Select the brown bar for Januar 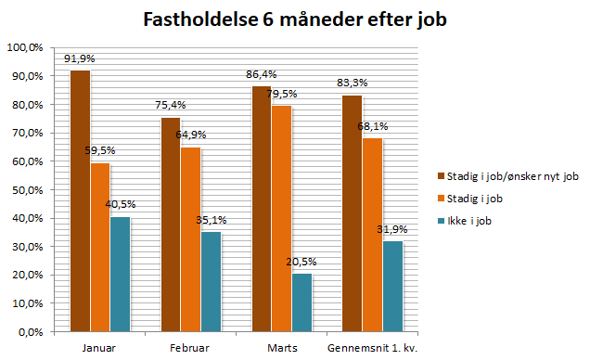pos(80,199)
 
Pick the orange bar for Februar pos(190,238)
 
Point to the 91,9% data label pos(80,58)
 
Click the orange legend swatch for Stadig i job pos(442,197)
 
